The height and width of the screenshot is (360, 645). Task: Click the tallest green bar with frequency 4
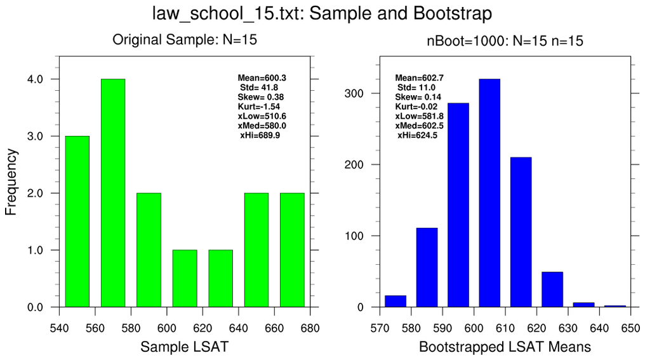click(x=113, y=193)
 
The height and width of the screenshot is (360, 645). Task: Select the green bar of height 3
click(x=77, y=222)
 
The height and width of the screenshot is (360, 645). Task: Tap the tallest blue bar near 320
click(x=489, y=193)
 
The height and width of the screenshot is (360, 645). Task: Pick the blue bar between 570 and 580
click(x=396, y=302)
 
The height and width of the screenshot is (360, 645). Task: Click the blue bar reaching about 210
click(x=521, y=232)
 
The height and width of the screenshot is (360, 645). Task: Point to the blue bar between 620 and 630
click(x=552, y=290)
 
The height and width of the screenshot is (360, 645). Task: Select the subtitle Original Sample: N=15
click(x=184, y=40)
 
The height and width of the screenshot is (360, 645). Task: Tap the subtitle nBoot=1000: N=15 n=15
click(x=505, y=42)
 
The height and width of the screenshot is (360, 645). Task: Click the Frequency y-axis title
click(x=11, y=183)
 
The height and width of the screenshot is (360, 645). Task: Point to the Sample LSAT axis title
click(x=184, y=347)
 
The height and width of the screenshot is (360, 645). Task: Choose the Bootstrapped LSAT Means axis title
click(x=505, y=347)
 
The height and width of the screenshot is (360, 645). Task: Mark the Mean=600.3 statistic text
click(x=262, y=77)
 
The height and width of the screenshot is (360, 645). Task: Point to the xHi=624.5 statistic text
click(x=417, y=135)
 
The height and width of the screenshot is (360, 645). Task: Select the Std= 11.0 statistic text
click(x=416, y=87)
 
